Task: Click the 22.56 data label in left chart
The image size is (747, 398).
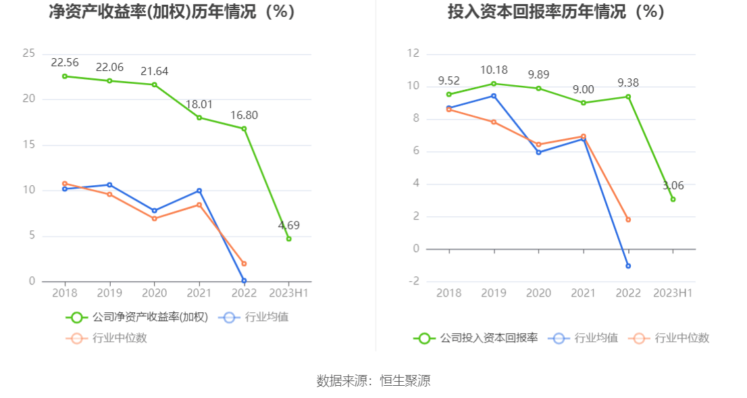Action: click(x=65, y=63)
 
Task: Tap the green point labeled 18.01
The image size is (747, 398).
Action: click(x=199, y=118)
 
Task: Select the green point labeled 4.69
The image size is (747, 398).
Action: click(x=288, y=239)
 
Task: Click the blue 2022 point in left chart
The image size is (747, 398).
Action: click(x=244, y=280)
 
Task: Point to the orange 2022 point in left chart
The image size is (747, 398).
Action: click(x=244, y=264)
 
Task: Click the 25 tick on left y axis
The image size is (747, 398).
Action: click(x=29, y=53)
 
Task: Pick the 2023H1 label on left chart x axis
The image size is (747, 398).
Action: click(x=288, y=293)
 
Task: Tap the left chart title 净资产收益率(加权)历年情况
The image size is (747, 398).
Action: click(x=172, y=12)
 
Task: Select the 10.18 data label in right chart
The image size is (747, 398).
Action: click(x=494, y=70)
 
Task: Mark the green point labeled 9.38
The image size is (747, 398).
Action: click(x=628, y=97)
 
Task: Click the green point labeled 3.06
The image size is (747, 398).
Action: click(x=673, y=199)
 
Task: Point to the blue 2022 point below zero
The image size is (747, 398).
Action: click(x=628, y=266)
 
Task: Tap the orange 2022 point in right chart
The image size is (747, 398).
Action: click(x=628, y=220)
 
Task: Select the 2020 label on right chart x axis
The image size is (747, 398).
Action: click(x=538, y=293)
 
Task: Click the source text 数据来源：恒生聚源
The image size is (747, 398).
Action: click(x=373, y=381)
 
